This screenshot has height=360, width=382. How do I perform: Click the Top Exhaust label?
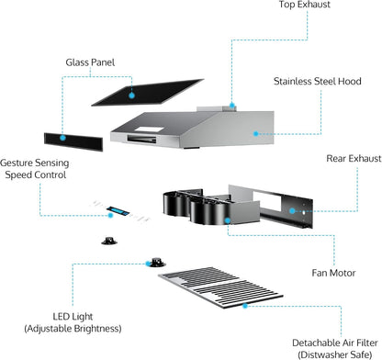pos(305,5)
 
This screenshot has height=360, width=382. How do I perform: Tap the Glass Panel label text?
pos(90,62)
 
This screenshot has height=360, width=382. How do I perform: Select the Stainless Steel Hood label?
pos(318,82)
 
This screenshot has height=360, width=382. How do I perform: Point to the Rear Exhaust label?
pos(354,159)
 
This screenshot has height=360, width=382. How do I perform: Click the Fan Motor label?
pos(333,273)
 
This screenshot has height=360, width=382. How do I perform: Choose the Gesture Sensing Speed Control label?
pos(35,169)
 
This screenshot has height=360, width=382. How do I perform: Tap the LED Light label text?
pos(73,317)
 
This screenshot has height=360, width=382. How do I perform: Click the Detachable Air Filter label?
pos(335,343)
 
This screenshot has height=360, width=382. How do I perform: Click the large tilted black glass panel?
pos(148,93)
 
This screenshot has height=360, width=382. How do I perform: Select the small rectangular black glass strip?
pos(73,141)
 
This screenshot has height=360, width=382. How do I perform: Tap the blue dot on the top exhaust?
pos(232,106)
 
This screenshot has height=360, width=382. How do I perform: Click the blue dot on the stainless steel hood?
pos(256,134)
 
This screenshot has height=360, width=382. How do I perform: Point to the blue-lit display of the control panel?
pos(118,210)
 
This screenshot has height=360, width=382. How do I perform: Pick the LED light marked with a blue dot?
pos(157,263)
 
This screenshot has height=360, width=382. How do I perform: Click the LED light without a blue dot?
pos(109,241)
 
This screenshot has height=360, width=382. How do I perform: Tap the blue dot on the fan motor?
pos(228,220)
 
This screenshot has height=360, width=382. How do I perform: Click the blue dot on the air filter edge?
pos(244,306)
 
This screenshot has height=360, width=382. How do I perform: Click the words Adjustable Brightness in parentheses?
pos(73,329)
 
